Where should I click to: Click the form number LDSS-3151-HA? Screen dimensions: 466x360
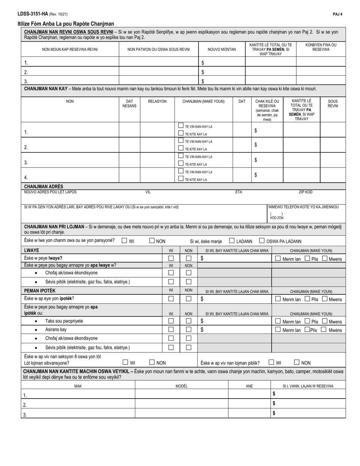(x=32, y=14)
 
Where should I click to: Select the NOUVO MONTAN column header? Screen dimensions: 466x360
(x=222, y=49)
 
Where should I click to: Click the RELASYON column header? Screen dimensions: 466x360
(x=157, y=102)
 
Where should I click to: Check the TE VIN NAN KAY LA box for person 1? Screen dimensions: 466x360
(x=181, y=126)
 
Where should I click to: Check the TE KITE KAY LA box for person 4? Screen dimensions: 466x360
(x=181, y=179)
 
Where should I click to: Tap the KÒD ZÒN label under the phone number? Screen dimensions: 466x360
(x=276, y=218)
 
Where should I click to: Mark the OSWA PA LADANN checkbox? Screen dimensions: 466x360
(x=262, y=241)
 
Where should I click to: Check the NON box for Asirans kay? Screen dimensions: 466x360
(x=188, y=330)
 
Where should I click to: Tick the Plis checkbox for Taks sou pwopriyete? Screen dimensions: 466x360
(x=308, y=321)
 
